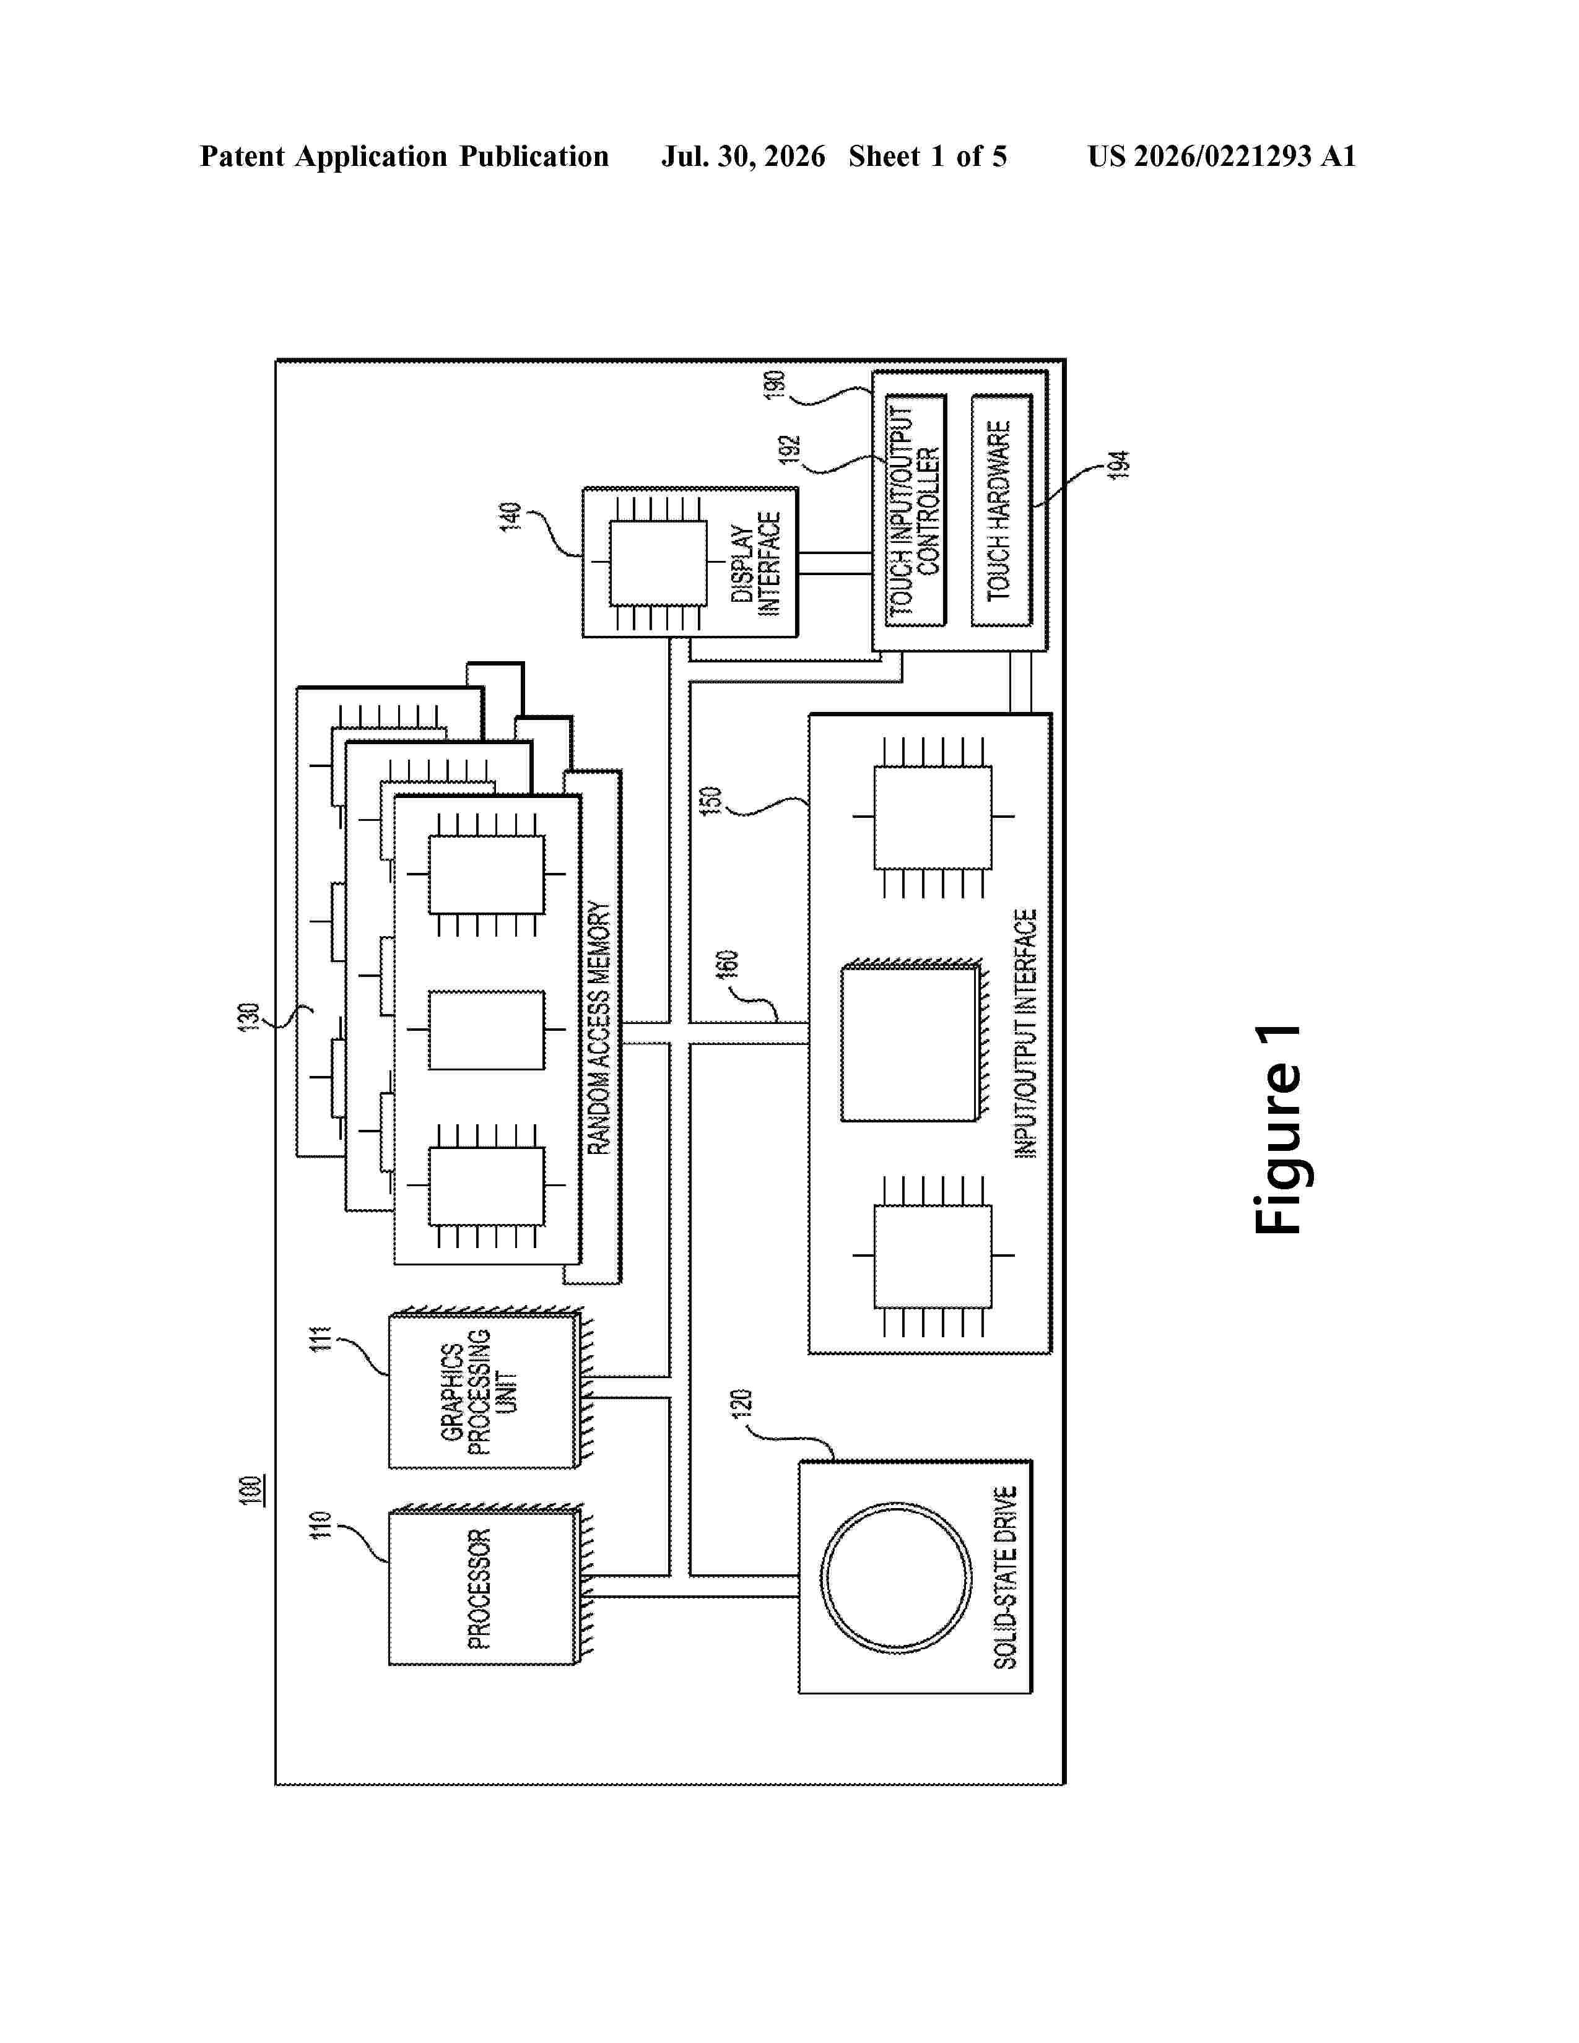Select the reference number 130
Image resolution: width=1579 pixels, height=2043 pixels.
249,1017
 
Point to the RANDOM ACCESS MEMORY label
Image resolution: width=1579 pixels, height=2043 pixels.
599,1028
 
